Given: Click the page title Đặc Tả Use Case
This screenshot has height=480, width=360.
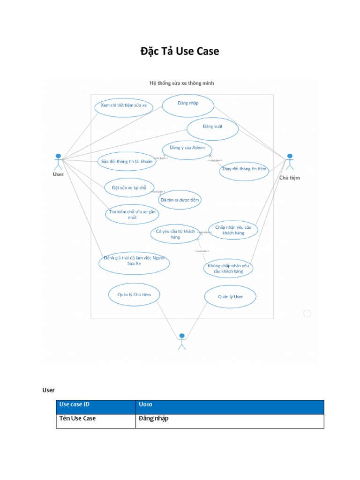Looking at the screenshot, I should tap(180, 51).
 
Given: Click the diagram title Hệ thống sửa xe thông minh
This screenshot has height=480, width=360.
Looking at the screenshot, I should tap(181, 83).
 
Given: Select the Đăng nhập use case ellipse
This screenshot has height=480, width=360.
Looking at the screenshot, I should tap(188, 104).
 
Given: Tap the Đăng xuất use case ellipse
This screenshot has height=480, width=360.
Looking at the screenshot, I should tap(212, 128).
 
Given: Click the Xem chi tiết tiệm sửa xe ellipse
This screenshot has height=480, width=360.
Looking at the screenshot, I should tap(123, 106).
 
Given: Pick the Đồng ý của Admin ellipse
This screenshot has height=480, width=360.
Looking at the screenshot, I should tap(187, 149).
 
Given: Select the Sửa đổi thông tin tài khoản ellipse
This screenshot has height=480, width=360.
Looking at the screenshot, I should tap(127, 162).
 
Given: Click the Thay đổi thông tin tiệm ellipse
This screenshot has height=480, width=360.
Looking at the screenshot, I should tap(244, 170).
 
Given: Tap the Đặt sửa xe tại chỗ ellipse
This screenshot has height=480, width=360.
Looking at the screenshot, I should tap(129, 188).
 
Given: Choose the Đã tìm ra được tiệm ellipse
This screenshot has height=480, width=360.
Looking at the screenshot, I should tap(180, 200).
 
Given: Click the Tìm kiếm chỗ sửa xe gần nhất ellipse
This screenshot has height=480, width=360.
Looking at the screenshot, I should tap(132, 215).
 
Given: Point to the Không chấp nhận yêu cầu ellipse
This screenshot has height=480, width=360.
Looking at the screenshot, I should tap(228, 269).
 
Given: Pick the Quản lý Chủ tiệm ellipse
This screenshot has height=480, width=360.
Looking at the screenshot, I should tap(134, 295).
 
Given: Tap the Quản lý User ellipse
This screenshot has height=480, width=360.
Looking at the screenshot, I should tap(230, 297).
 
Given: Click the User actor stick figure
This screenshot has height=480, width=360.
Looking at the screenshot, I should tap(58, 161).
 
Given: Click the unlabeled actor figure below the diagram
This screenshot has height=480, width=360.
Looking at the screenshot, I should tap(181, 341).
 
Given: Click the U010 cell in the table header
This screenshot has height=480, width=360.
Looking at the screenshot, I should tap(229, 405).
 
